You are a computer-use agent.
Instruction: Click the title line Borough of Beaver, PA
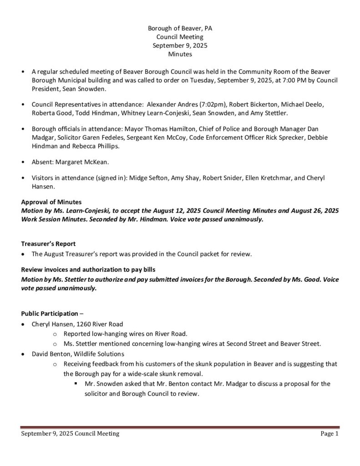[180, 28]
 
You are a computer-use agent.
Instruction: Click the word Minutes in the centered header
[180, 54]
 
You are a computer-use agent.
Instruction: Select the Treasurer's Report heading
[48, 243]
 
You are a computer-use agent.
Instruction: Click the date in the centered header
[180, 46]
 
